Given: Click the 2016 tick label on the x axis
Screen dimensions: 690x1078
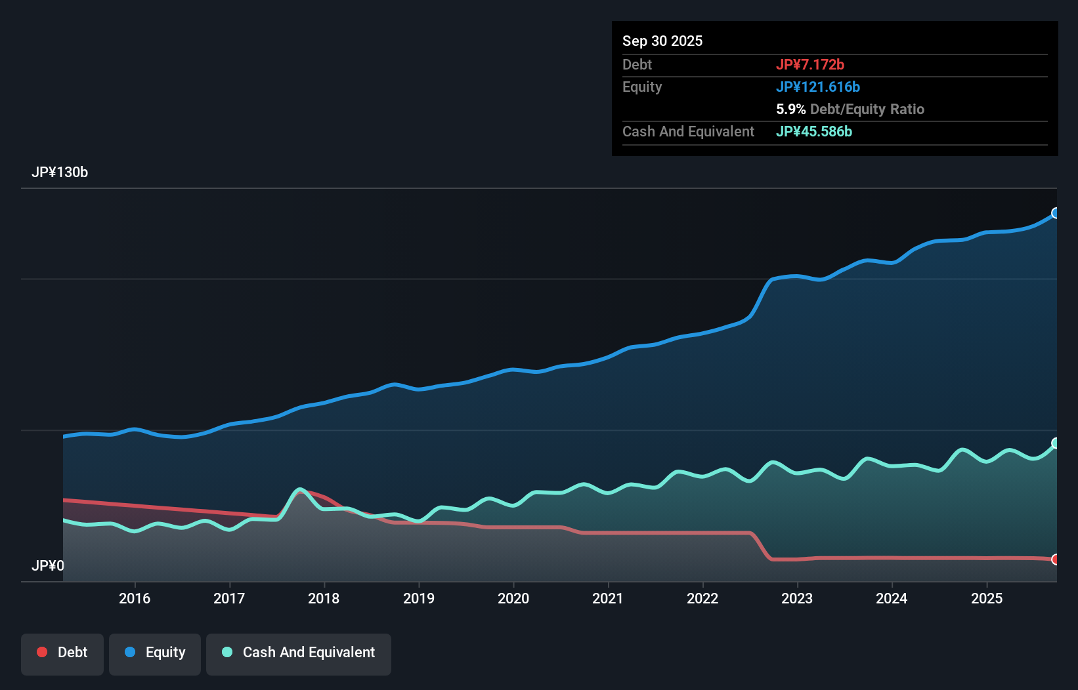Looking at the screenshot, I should click(x=135, y=598).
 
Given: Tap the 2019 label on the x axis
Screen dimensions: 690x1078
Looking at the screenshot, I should click(x=419, y=598).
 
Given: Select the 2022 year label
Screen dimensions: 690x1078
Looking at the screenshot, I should click(x=702, y=598).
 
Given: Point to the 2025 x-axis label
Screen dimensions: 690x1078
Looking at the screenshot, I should click(x=987, y=598).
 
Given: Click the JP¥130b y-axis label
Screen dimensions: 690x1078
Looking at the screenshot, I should click(x=60, y=172).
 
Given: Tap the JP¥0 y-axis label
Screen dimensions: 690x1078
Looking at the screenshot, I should click(x=48, y=565).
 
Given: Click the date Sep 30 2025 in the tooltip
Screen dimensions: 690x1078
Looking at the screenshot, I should click(x=662, y=41).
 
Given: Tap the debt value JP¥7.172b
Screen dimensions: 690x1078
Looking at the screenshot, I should click(x=810, y=64).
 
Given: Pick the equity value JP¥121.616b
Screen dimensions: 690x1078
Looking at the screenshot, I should click(x=818, y=87).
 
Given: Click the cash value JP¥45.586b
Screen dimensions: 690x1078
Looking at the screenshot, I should click(x=814, y=131).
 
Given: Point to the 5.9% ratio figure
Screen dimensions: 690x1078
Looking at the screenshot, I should click(x=790, y=109).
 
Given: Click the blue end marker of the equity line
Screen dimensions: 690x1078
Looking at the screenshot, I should click(x=1056, y=213).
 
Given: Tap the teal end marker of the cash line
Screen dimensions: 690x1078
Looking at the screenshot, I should click(x=1056, y=443).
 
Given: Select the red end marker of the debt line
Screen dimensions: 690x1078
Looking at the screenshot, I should click(x=1056, y=559).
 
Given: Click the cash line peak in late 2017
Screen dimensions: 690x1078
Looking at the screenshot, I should click(x=300, y=489).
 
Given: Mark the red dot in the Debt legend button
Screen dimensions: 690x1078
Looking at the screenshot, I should click(x=42, y=652).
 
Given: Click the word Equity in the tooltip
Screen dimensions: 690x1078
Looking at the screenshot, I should click(x=642, y=87).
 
